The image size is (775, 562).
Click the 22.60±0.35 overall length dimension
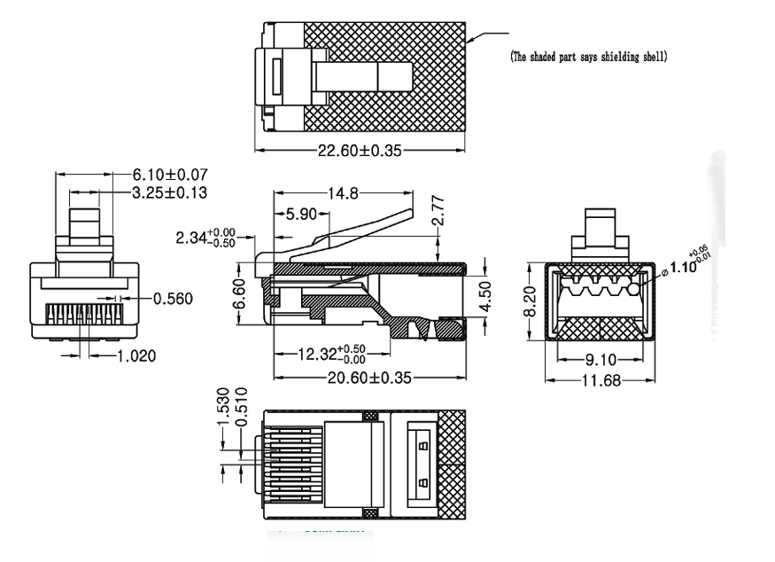click(359, 151)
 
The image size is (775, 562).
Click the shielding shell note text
click(589, 57)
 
